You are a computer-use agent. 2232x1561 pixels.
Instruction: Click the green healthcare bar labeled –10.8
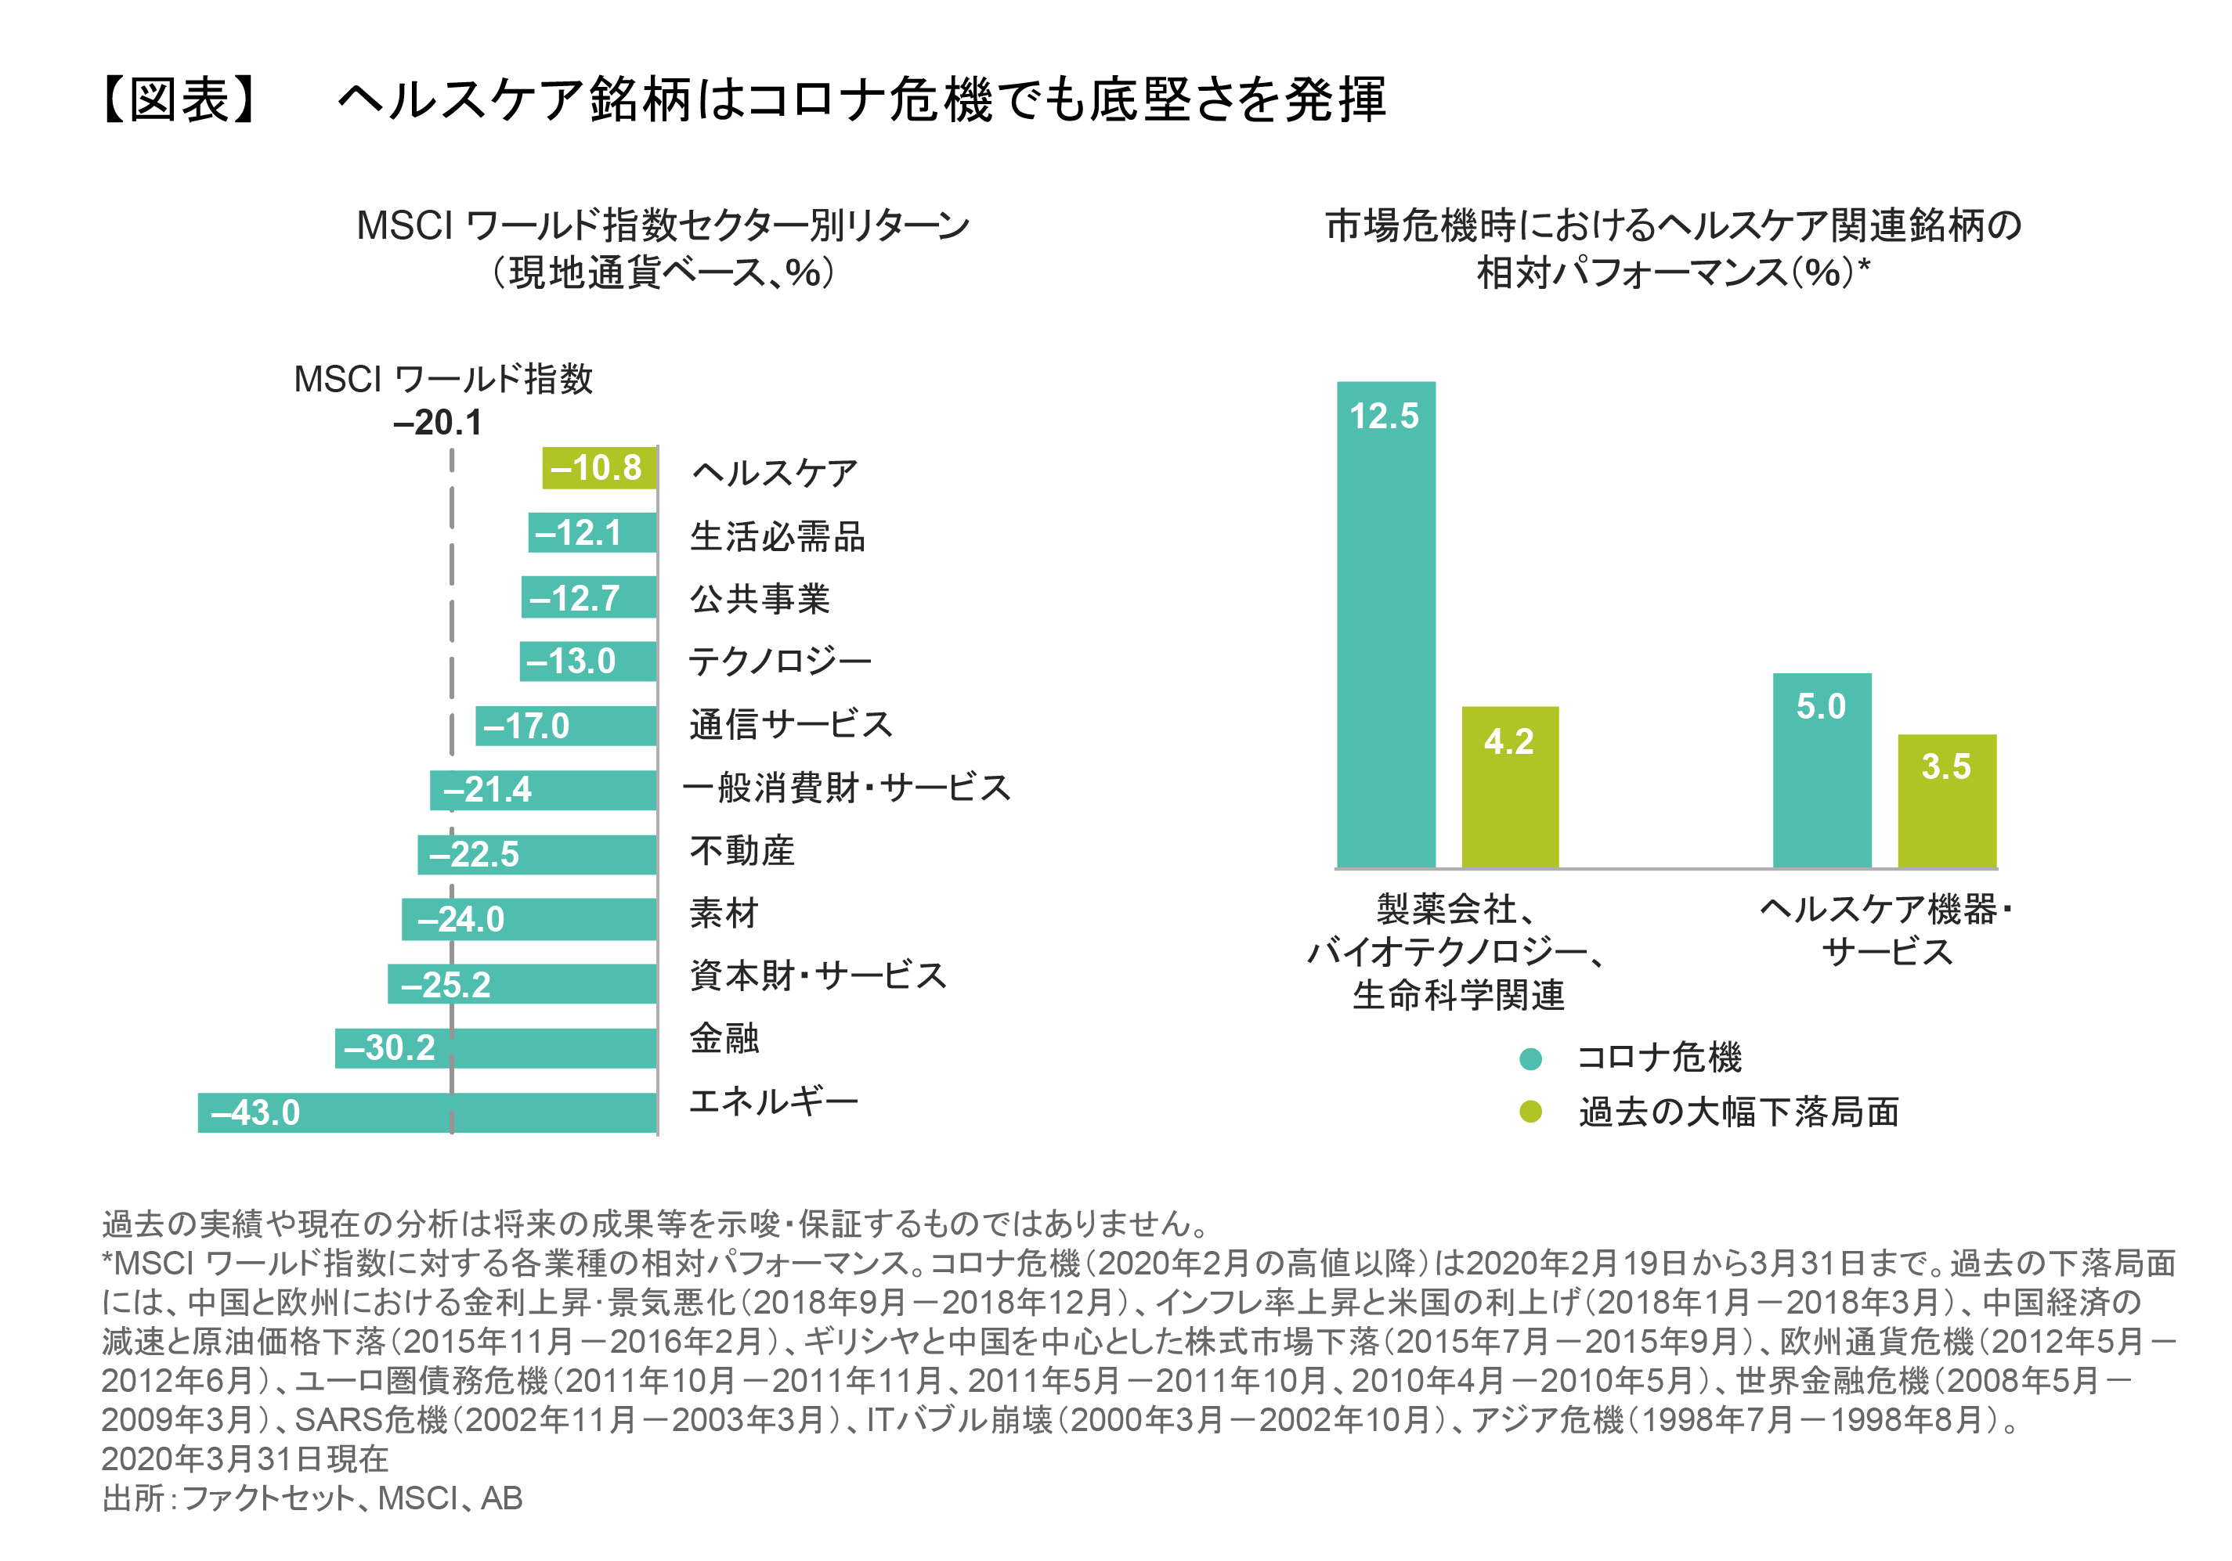click(599, 467)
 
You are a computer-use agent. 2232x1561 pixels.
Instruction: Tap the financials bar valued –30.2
click(495, 1047)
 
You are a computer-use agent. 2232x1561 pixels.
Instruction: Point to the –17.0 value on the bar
click(526, 726)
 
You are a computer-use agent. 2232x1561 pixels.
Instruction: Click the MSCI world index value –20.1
click(438, 423)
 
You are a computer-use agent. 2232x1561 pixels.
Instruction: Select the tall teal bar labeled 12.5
click(1385, 624)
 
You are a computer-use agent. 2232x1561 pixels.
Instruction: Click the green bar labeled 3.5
click(1946, 800)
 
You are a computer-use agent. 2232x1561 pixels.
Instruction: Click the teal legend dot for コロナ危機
click(1530, 1058)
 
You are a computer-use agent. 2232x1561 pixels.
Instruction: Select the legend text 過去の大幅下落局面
click(1738, 1111)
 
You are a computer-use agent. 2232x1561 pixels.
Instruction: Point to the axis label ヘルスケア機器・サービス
click(1886, 930)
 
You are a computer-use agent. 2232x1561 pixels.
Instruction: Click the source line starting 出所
click(312, 1498)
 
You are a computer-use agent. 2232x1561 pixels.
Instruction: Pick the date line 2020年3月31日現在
click(245, 1458)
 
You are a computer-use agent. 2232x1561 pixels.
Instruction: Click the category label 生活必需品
click(777, 536)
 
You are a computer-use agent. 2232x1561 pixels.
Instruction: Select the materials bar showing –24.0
click(529, 918)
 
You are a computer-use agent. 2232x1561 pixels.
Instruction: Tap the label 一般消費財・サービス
click(847, 788)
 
